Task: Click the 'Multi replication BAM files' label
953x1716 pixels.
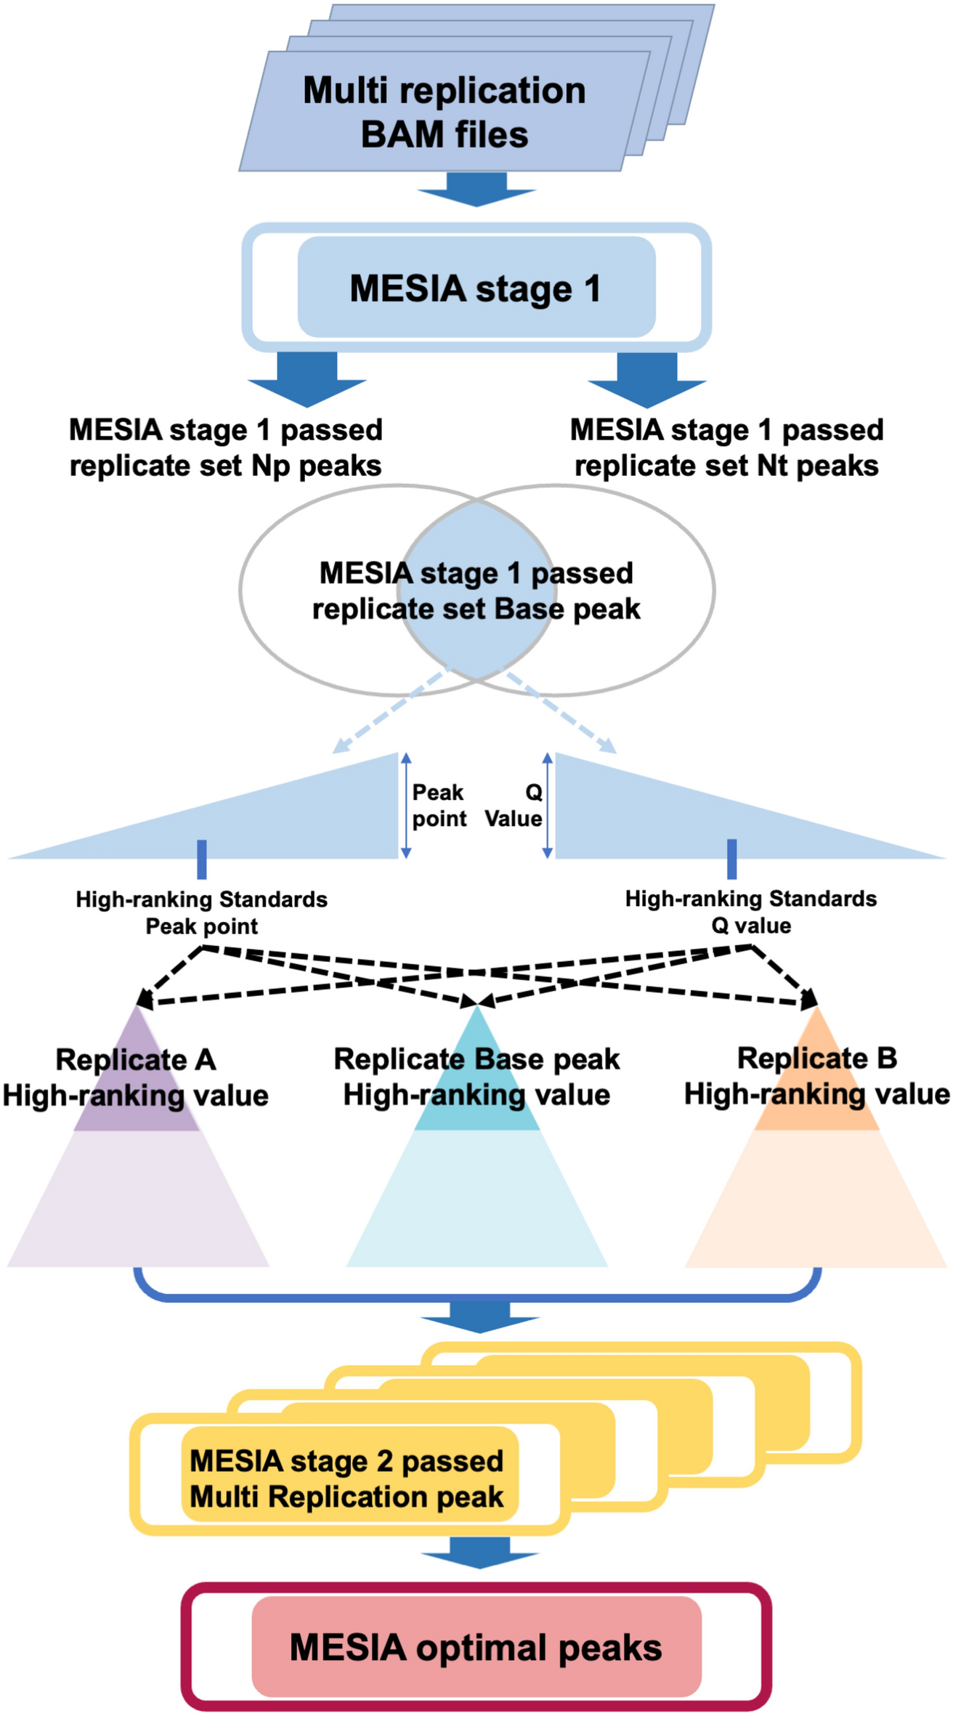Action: click(x=444, y=113)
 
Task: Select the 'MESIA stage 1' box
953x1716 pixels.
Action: click(x=476, y=288)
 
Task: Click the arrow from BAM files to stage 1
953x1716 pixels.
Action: click(x=476, y=189)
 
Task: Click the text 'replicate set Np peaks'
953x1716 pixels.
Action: click(x=225, y=466)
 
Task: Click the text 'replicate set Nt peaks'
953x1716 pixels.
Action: click(x=726, y=466)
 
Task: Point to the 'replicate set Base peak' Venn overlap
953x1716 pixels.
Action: click(x=476, y=591)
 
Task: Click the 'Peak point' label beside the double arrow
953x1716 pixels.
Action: click(x=439, y=805)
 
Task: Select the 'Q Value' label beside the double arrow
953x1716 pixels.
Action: click(x=516, y=805)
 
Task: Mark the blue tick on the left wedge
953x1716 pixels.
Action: click(x=202, y=859)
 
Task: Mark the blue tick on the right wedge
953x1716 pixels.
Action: click(x=731, y=859)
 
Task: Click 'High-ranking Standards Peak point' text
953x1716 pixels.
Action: click(x=202, y=912)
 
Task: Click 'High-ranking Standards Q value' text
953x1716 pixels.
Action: click(x=751, y=912)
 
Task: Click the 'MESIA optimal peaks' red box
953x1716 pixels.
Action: click(x=476, y=1647)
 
